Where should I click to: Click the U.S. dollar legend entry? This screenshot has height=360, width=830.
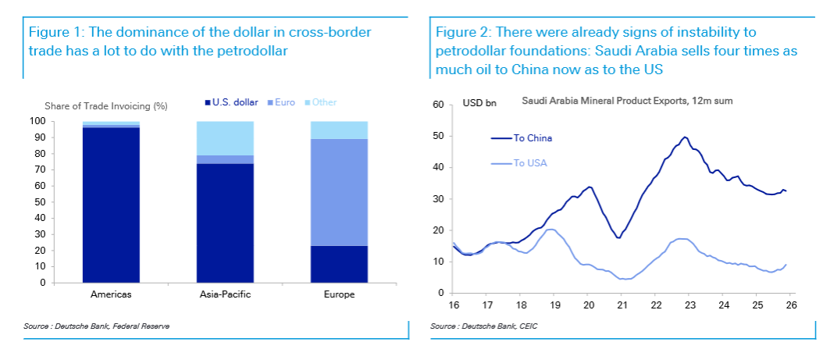[x=232, y=102]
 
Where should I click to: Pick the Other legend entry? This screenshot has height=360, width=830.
[x=324, y=102]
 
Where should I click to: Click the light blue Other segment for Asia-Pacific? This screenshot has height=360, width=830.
[x=225, y=138]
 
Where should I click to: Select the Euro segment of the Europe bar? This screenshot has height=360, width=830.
[x=339, y=192]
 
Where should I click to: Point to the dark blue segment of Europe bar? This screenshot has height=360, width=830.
[x=339, y=264]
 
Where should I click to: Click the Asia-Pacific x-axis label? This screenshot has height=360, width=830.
[x=225, y=295]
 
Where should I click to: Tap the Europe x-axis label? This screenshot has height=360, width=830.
[x=339, y=295]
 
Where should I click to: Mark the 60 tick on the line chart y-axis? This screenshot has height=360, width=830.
[x=437, y=105]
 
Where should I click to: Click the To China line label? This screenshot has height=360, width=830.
[x=533, y=138]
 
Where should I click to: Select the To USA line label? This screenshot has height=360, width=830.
[x=531, y=162]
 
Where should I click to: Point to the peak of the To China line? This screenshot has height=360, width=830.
[x=685, y=137]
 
